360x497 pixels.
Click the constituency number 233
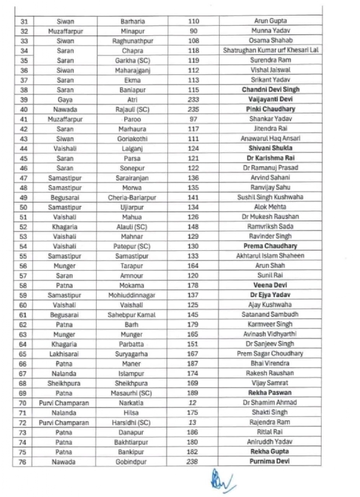point(193,99)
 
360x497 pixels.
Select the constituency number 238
point(193,461)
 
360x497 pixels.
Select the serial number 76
point(24,461)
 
